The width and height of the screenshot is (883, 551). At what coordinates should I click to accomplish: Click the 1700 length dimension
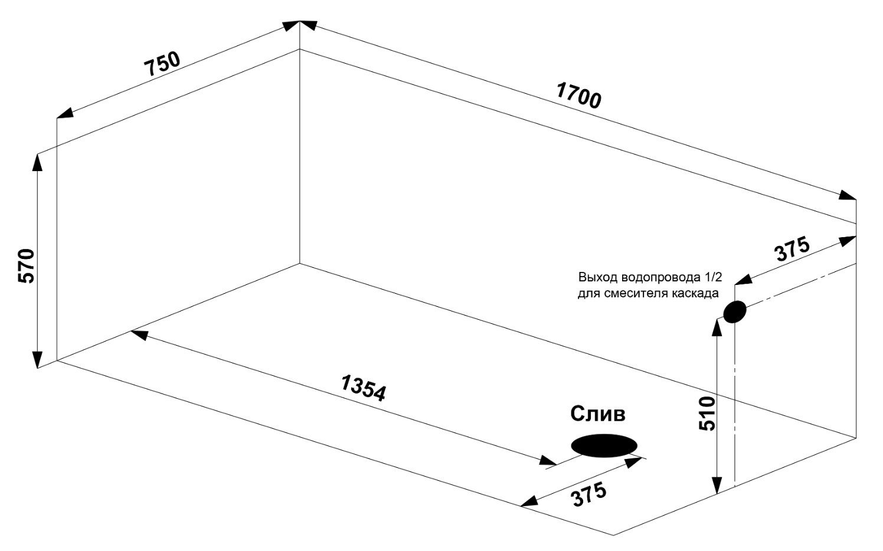578,96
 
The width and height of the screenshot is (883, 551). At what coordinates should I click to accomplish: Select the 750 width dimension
163,64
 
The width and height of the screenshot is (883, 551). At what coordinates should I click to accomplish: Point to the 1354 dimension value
364,388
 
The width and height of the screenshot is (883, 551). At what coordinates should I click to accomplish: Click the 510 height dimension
707,413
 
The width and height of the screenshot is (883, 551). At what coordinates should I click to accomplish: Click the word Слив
597,414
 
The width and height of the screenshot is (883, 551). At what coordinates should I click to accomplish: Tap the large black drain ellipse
604,446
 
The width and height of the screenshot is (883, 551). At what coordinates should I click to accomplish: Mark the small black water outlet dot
734,311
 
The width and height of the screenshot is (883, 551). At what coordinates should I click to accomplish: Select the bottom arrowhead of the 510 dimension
717,484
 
